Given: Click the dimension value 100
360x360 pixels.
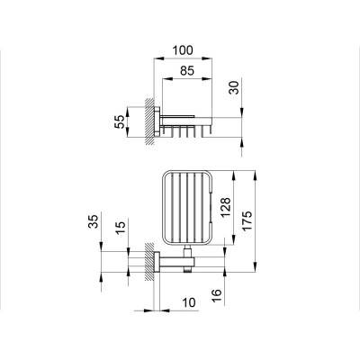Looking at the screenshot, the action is point(183,50).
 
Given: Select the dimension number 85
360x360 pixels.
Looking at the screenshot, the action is point(187,71).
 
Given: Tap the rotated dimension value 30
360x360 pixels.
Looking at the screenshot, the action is point(235,87).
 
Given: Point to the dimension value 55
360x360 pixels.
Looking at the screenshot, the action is point(119,121).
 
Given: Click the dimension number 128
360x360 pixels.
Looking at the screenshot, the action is point(226,207).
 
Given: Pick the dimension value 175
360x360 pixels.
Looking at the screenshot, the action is point(247,220).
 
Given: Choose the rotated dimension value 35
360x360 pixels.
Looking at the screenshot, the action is point(93,221).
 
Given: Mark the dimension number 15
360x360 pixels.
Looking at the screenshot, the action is point(120,229).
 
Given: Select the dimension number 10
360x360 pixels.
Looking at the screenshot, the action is point(188,302).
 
